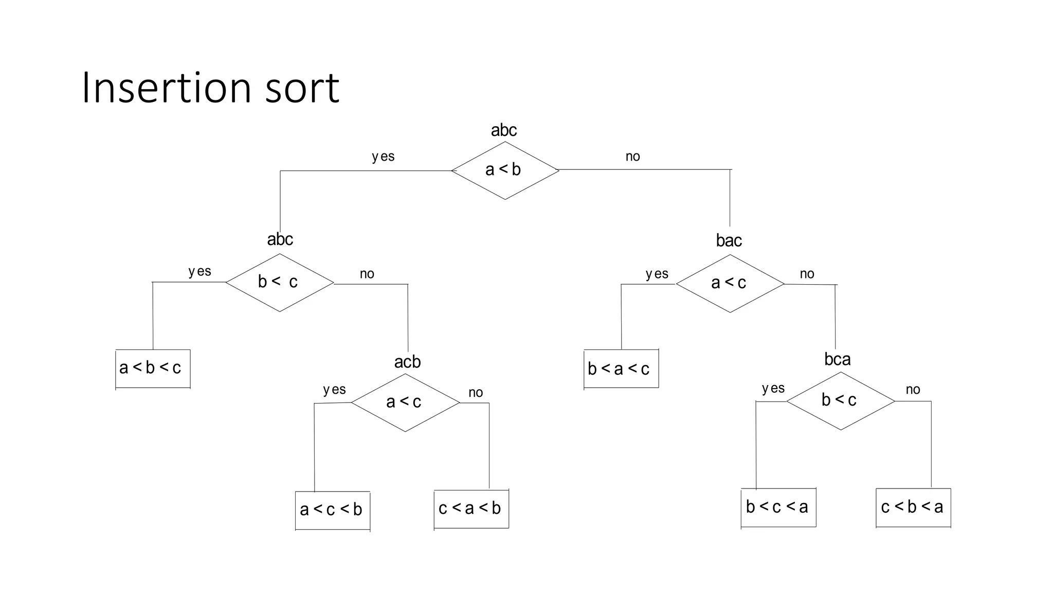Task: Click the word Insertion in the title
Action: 165,88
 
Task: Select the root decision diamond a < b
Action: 504,170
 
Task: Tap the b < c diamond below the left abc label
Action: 279,282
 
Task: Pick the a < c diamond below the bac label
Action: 730,283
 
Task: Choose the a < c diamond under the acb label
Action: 405,402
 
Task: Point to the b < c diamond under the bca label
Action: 840,400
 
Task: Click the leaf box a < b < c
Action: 153,368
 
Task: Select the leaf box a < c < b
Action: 332,510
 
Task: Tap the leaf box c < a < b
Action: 471,509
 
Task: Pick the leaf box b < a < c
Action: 621,369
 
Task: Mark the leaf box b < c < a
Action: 778,507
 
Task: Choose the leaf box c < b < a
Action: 913,507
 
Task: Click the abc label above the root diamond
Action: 504,130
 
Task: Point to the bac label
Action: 729,240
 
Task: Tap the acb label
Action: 407,362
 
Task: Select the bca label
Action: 837,359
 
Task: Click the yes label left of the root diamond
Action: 383,156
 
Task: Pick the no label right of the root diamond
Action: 632,156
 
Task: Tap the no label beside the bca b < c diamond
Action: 913,390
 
